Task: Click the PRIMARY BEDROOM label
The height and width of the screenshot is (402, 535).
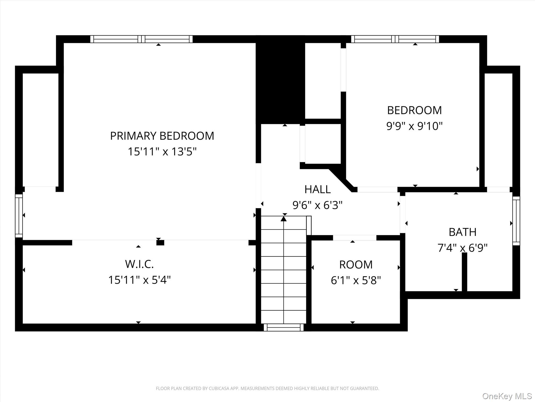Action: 162,136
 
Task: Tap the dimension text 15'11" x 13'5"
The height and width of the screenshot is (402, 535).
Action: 162,152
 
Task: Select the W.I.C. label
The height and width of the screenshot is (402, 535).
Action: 139,264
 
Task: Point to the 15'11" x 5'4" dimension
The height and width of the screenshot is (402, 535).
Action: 139,280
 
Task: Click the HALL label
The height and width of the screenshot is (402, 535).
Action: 318,189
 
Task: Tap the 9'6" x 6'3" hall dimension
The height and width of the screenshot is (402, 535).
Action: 317,205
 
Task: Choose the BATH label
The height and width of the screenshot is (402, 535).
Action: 463,232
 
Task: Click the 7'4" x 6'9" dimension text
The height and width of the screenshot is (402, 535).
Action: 463,248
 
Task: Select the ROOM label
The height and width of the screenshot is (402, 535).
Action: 356,265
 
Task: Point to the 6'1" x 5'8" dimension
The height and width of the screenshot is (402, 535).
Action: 356,280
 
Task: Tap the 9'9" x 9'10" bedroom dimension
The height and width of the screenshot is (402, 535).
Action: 415,126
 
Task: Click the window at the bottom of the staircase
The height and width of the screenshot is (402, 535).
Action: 284,327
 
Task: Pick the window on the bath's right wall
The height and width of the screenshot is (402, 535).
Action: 516,221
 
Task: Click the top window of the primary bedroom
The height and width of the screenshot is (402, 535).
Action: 141,39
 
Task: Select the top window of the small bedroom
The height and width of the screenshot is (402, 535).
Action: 395,39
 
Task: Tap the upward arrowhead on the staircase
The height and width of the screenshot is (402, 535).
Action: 284,219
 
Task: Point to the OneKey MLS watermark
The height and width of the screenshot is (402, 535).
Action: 507,396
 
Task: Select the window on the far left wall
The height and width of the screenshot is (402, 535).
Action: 19,216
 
